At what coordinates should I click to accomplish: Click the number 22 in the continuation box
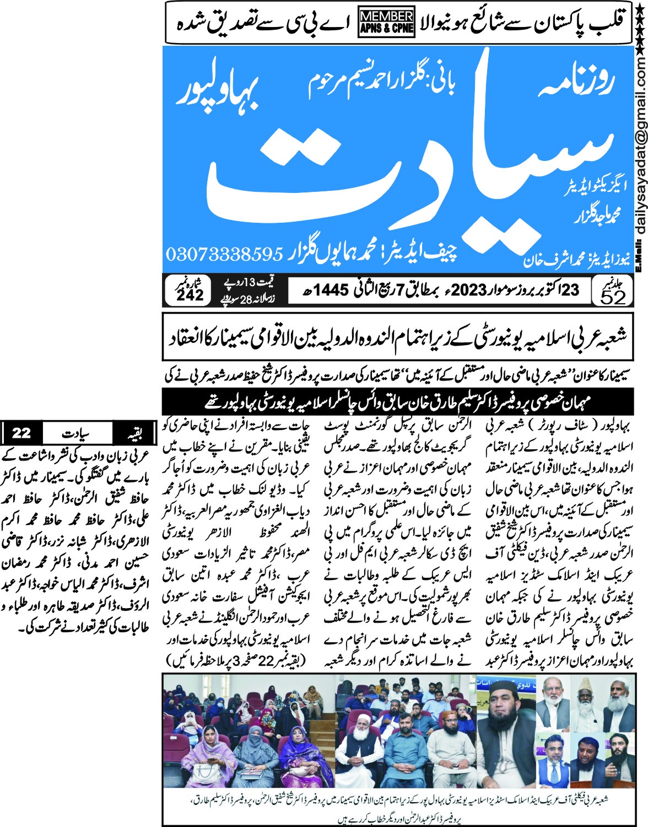(x=21, y=433)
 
